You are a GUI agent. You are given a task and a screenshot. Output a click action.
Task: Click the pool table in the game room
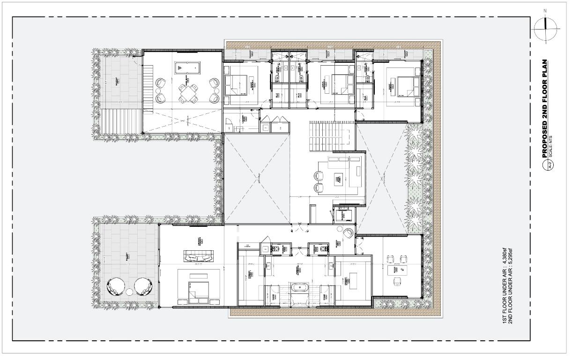186,68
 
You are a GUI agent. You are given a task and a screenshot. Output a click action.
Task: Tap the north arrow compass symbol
546,27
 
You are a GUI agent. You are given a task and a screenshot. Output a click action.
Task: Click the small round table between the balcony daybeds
129,292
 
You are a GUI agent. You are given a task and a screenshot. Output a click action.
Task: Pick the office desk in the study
398,270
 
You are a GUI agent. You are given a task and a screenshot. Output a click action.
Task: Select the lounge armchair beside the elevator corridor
349,233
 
